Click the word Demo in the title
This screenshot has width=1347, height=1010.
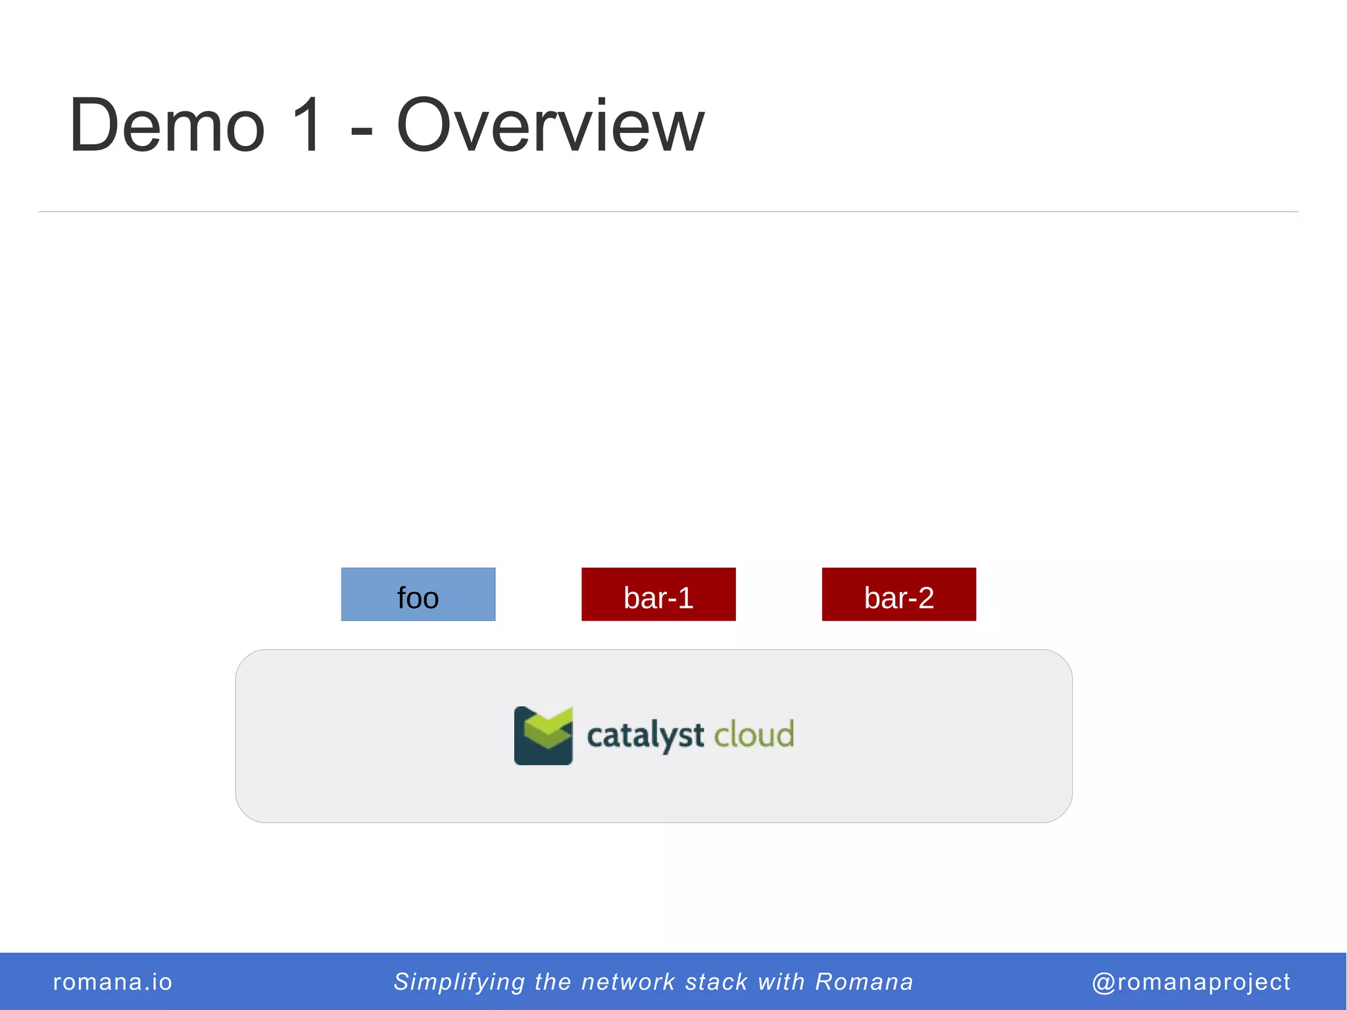[x=167, y=125]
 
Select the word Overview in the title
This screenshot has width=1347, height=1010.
[x=550, y=125]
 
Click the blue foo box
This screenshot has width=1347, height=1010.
[x=418, y=594]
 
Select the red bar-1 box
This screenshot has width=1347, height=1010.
[x=658, y=594]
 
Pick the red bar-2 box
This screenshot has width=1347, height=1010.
[x=898, y=594]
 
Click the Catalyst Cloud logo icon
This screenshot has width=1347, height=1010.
[x=543, y=735]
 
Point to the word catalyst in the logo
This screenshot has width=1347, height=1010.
[x=645, y=736]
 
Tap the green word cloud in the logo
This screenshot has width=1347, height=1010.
[x=754, y=734]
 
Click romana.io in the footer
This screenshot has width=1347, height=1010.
[x=112, y=982]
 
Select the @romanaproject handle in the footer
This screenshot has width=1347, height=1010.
[x=1191, y=982]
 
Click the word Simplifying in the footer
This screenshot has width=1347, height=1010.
[x=459, y=982]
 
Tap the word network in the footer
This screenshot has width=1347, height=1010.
[x=628, y=982]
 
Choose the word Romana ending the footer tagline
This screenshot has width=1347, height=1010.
[x=864, y=982]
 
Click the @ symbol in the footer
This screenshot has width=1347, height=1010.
[x=1104, y=982]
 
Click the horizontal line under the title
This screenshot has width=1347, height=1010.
[x=668, y=212]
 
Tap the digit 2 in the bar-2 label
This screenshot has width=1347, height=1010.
[x=925, y=598]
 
